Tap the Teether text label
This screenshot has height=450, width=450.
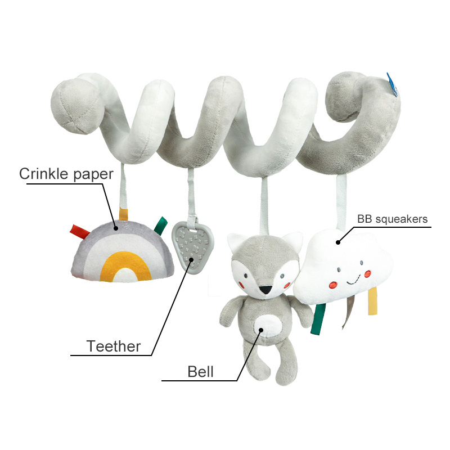(114, 346)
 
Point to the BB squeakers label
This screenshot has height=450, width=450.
(392, 219)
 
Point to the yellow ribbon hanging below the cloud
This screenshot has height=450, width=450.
(372, 303)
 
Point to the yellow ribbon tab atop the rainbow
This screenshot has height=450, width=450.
(123, 215)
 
